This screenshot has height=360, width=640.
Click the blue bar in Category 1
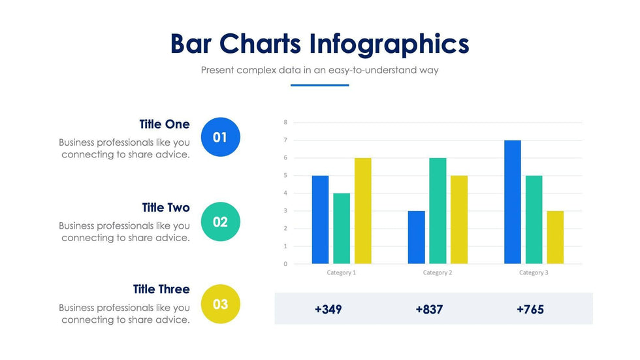320,220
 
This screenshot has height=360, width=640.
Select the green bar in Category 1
342,229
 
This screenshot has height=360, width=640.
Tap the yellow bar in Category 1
363,211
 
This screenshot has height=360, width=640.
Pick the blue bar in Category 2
416,237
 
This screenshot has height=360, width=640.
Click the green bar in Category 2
438,211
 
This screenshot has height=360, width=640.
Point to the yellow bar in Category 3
555,237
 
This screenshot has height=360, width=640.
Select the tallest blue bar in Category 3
513,202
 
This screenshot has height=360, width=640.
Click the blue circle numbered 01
220,137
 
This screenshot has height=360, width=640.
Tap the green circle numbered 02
220,221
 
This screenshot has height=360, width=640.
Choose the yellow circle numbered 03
220,304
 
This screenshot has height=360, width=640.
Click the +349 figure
328,309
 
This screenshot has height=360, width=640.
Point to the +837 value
429,309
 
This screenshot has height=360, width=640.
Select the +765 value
530,309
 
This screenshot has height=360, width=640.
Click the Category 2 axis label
437,272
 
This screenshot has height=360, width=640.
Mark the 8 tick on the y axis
285,122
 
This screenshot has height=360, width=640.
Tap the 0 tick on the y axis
285,264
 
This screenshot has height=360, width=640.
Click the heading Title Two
166,208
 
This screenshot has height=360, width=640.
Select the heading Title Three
161,289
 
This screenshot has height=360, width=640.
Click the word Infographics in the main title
389,44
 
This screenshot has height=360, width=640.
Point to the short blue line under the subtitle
319,85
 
